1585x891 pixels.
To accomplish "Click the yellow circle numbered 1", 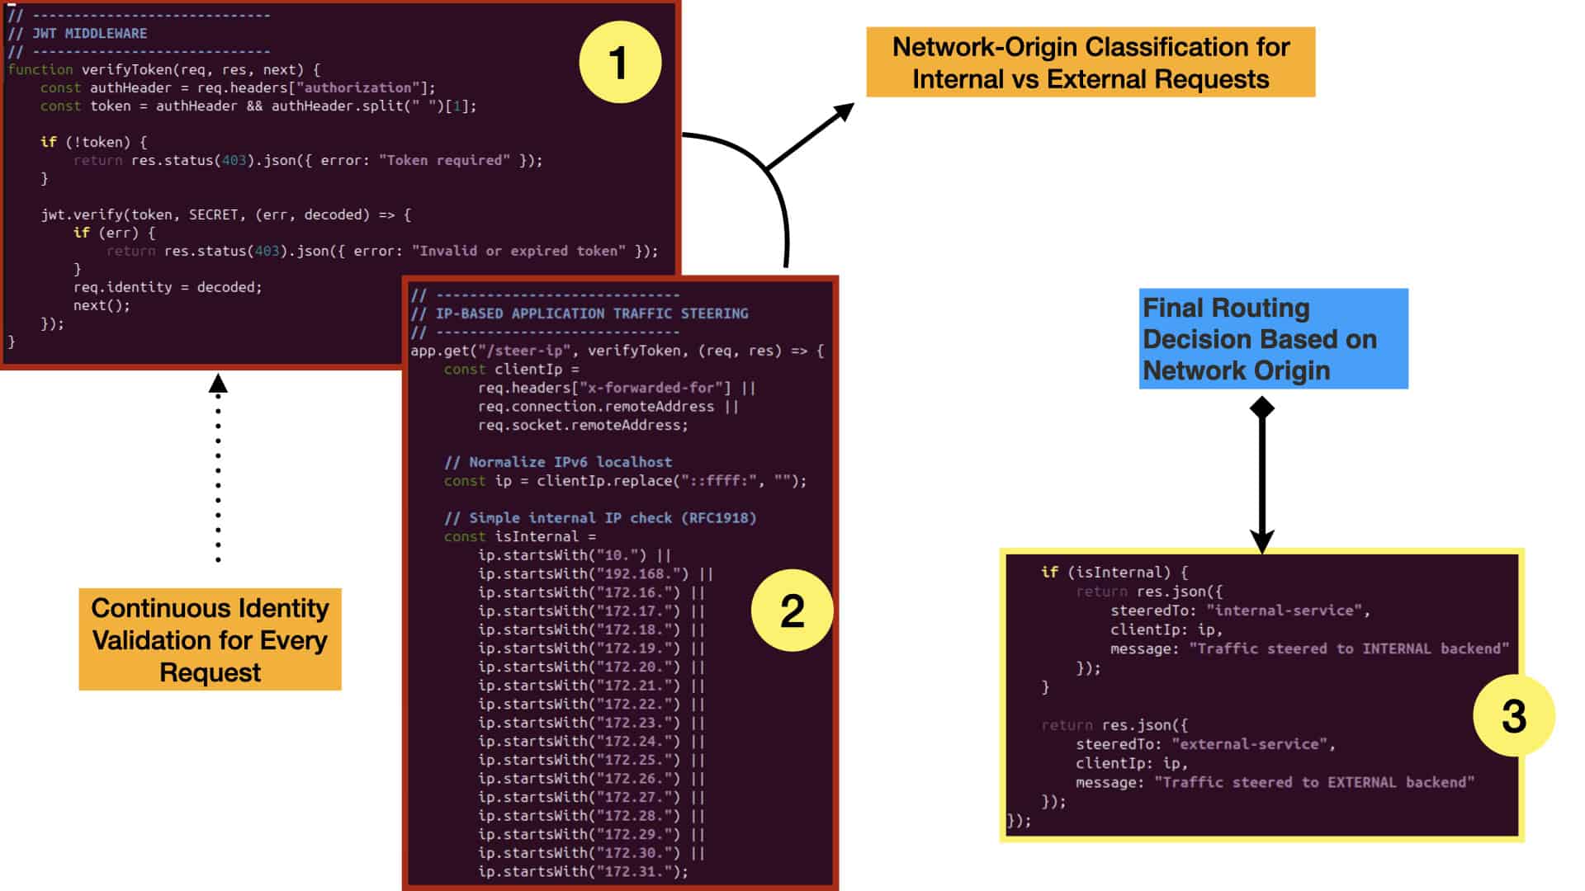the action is [620, 62].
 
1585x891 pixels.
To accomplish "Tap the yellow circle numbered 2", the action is [792, 610].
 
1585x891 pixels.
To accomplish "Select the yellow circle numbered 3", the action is [1513, 715].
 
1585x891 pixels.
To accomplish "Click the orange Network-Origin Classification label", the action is [1091, 63].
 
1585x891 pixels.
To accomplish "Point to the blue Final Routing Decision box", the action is [1273, 338].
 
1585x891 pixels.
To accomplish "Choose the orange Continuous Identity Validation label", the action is [210, 639].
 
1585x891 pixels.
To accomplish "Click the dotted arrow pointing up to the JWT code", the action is [218, 468].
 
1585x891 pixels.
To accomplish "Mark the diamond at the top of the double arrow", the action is [1262, 408].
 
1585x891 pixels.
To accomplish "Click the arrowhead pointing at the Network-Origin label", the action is [844, 112].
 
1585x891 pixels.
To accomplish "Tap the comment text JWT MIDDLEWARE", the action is [89, 34].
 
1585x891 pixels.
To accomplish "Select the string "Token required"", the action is [444, 160].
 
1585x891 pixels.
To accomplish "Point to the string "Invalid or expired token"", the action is [518, 251].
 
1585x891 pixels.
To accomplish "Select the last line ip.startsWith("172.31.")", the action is [583, 871].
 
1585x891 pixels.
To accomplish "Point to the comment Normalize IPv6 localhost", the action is [558, 462].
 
